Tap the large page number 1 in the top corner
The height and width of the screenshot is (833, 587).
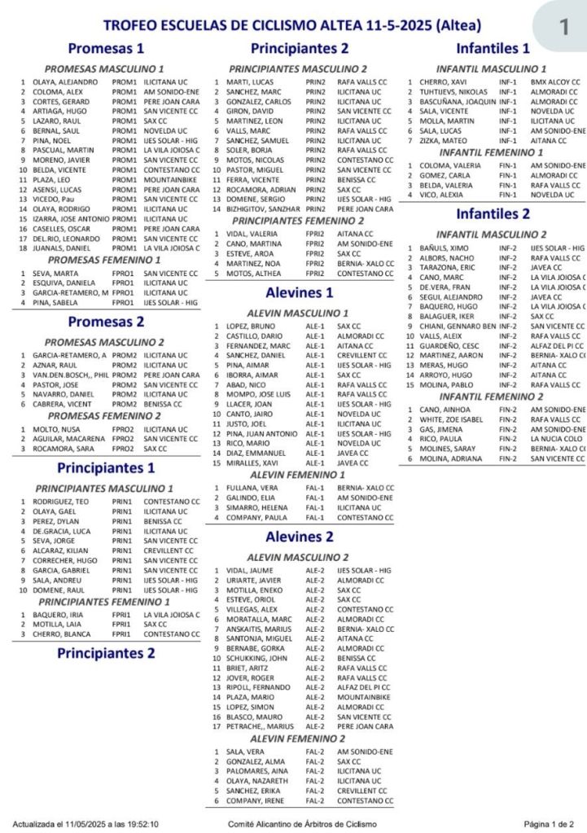(x=563, y=27)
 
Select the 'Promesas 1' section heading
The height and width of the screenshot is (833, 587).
(x=106, y=48)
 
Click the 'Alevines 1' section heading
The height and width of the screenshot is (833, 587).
(x=299, y=292)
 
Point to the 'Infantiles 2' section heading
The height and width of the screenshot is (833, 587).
(x=493, y=214)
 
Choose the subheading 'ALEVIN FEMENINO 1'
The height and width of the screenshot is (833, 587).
(x=298, y=473)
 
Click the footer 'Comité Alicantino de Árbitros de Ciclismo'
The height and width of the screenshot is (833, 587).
(x=302, y=823)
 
